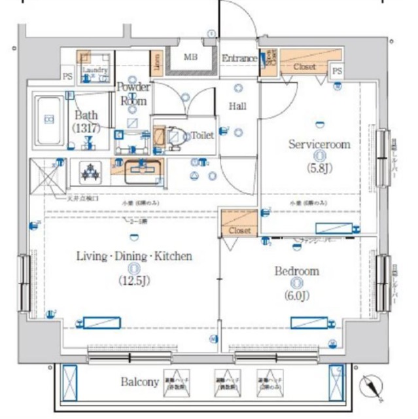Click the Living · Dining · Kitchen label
click(135, 256)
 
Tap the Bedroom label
click(297, 271)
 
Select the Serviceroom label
click(319, 144)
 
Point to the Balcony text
click(140, 382)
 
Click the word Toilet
click(202, 136)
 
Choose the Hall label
click(237, 106)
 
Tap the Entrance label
click(239, 59)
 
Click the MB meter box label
click(190, 58)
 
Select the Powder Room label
click(133, 94)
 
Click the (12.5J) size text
click(135, 282)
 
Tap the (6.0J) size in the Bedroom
click(297, 295)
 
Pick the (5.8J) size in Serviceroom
click(319, 168)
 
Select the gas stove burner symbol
click(89, 172)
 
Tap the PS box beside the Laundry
click(67, 76)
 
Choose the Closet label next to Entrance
click(305, 67)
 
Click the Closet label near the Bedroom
click(239, 231)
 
